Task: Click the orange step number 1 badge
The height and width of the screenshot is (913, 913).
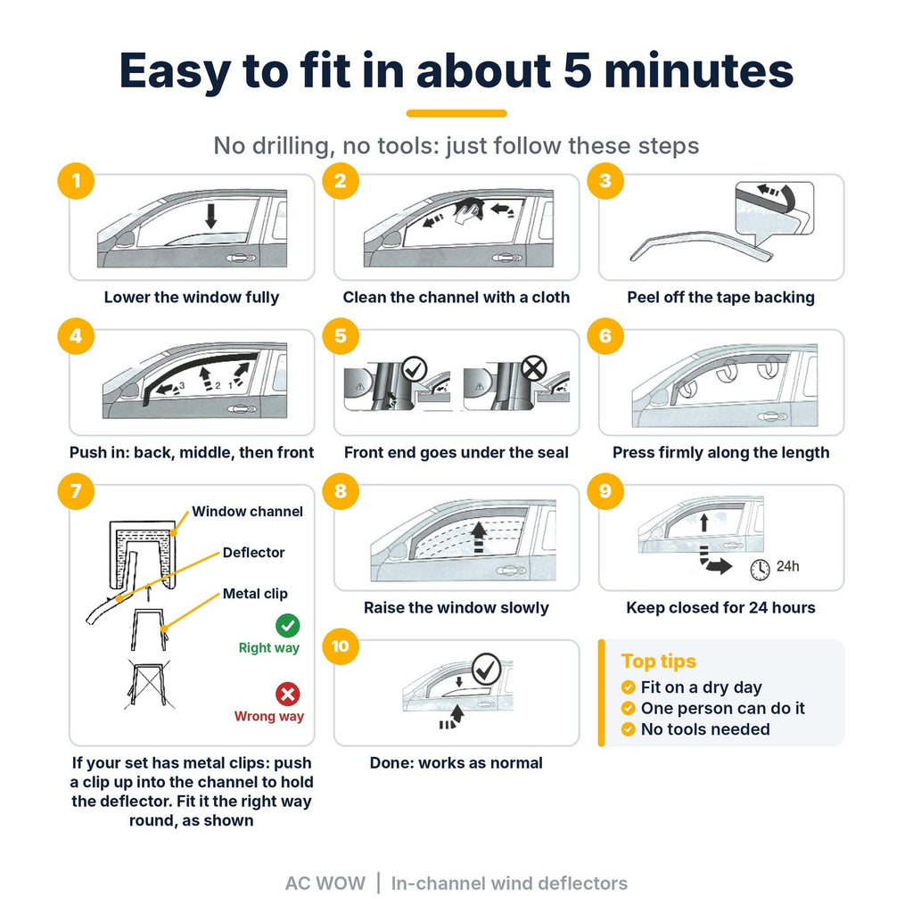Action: (x=76, y=181)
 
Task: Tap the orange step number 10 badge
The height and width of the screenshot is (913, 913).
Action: (x=340, y=646)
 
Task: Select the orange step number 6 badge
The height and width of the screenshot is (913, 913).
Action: (x=605, y=336)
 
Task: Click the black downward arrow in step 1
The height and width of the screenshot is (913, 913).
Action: (x=210, y=216)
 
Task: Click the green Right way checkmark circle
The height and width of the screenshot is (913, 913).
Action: (x=288, y=626)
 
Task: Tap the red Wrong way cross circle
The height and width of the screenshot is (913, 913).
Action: (x=288, y=695)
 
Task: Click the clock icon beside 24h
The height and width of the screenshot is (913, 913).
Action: (x=760, y=569)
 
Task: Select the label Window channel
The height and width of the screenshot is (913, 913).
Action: (x=248, y=512)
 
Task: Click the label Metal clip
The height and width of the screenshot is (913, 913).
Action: (x=255, y=594)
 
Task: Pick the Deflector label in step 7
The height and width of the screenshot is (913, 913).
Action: (x=254, y=553)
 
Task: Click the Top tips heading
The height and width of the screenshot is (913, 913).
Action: (x=659, y=662)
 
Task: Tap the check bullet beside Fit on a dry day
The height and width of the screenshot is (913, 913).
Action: (x=629, y=687)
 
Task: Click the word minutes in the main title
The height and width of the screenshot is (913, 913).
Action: (x=699, y=71)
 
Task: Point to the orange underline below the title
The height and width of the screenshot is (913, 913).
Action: (x=456, y=113)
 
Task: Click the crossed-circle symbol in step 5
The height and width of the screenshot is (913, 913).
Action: (x=533, y=368)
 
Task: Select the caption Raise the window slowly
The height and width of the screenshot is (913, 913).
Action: (x=456, y=608)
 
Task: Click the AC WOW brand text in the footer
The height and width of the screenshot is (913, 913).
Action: (x=325, y=884)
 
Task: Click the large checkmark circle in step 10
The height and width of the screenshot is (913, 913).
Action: (x=486, y=670)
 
